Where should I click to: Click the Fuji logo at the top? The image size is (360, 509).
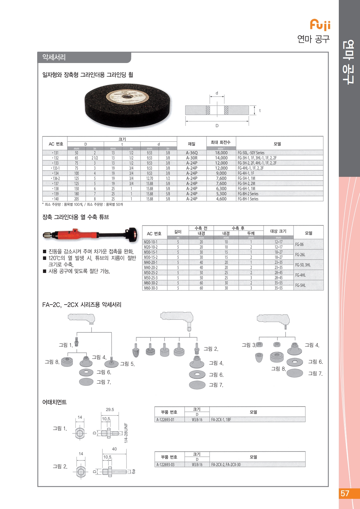pos(320,25)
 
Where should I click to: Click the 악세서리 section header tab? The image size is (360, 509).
pos(54,57)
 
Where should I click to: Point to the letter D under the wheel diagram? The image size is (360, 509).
pos(217,126)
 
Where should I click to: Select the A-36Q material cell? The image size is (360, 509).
pos(192,153)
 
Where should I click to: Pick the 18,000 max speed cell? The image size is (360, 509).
pos(221,153)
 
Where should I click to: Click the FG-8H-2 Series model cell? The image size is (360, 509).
pos(248,194)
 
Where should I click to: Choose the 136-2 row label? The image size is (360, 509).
pos(55,178)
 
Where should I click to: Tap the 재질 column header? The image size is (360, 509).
pos(192,144)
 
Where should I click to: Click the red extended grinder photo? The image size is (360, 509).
pos(90,235)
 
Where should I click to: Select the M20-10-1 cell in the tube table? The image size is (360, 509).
pos(151,242)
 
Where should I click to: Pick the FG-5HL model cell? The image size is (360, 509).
pos(300,285)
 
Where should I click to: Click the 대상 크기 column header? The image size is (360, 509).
pos(278,231)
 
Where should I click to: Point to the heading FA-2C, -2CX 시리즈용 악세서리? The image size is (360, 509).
pos(82,305)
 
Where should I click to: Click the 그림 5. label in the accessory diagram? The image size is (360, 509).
pos(127,364)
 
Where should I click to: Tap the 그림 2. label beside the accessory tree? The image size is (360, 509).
pos(211,349)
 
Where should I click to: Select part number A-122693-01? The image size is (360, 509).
pos(165,420)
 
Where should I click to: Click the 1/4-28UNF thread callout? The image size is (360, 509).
pos(126,433)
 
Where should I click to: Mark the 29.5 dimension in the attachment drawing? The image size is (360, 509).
pos(110,410)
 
